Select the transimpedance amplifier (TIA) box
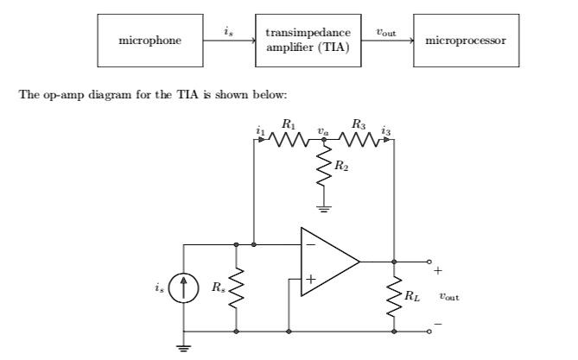[308, 41]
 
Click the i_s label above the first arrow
[227, 30]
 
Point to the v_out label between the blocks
[385, 30]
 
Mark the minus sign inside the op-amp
[309, 245]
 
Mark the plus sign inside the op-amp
[309, 278]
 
